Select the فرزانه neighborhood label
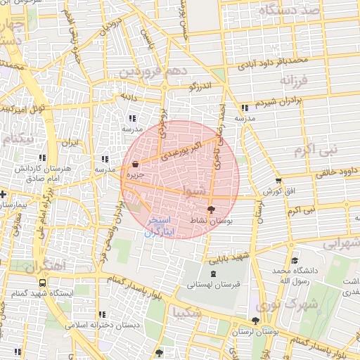[293, 81]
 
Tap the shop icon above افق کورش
[279, 181]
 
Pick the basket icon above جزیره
[135, 164]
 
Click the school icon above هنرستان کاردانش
[43, 158]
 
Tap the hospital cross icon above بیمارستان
[4, 194]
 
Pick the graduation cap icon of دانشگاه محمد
[294, 260]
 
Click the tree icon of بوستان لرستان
[255, 320]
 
